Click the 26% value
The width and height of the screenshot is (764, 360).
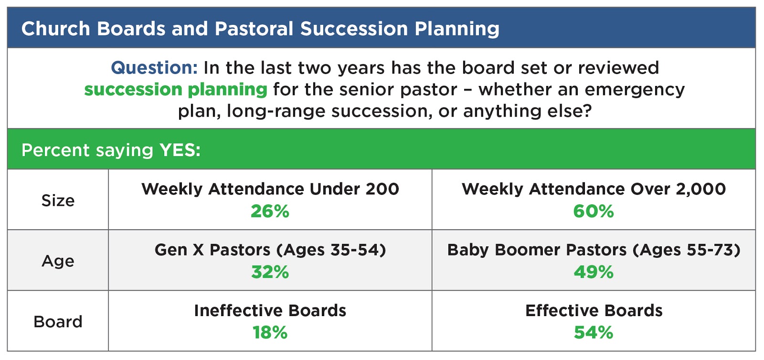(270, 212)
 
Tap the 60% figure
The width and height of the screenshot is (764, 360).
(594, 212)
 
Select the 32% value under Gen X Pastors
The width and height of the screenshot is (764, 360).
(270, 272)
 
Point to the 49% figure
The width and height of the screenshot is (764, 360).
(594, 272)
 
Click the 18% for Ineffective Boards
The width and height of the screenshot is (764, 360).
(270, 333)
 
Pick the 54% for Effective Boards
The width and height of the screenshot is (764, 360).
(594, 333)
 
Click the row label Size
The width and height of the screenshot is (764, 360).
(58, 201)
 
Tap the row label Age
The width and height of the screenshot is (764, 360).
(58, 261)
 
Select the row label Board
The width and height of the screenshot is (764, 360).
(58, 322)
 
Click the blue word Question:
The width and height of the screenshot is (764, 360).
(154, 68)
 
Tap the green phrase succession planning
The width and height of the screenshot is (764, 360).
(175, 89)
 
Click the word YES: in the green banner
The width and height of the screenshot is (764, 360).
(180, 150)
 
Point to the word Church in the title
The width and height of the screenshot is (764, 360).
(55, 29)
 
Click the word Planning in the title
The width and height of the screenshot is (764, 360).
(457, 29)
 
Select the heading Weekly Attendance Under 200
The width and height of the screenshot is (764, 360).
(270, 189)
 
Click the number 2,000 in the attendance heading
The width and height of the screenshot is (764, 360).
(700, 189)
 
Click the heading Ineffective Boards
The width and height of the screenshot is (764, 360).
(270, 311)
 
